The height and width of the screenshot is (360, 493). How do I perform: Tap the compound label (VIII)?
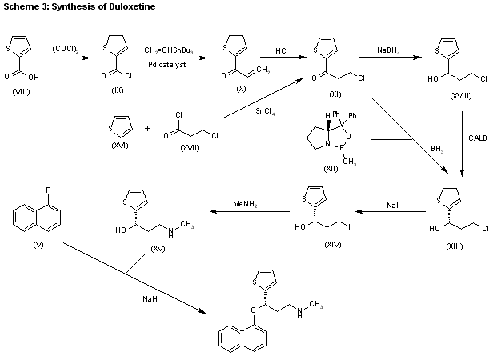click(22, 93)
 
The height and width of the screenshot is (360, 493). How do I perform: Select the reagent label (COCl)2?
click(63, 49)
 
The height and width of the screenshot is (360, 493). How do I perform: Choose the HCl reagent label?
click(282, 50)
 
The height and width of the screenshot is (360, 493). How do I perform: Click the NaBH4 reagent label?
click(390, 50)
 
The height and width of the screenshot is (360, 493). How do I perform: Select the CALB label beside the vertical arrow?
click(477, 138)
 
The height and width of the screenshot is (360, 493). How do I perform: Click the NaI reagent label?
click(392, 205)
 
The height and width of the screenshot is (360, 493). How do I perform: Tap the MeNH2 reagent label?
click(246, 205)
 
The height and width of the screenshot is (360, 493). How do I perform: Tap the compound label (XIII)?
click(454, 246)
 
